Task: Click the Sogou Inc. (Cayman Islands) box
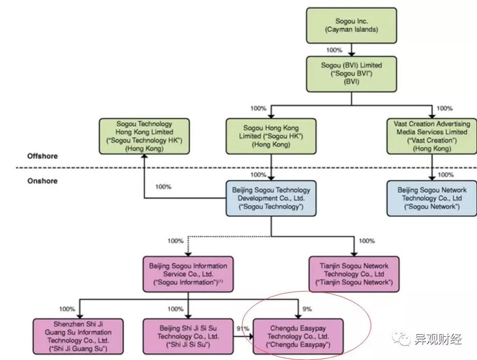(x=352, y=25)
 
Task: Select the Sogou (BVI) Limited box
(x=352, y=74)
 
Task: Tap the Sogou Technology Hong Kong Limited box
(x=144, y=136)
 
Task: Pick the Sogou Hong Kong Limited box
(x=271, y=136)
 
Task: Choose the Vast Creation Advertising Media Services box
(x=431, y=136)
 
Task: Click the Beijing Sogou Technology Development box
(x=271, y=198)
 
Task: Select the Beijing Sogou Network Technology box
(x=431, y=198)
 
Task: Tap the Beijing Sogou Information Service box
(x=188, y=274)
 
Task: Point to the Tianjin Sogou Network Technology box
(x=354, y=274)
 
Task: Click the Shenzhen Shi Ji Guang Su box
(x=78, y=337)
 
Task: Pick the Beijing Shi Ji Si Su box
(x=188, y=337)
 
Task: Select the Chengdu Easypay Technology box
(x=298, y=337)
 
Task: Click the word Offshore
(x=42, y=156)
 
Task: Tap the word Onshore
(x=42, y=181)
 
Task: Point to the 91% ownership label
(x=243, y=329)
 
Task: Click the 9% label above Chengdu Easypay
(x=307, y=309)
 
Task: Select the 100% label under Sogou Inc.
(x=334, y=50)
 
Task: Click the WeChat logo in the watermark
(x=401, y=338)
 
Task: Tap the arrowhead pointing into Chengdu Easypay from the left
(x=251, y=337)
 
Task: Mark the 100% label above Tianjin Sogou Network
(x=367, y=241)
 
